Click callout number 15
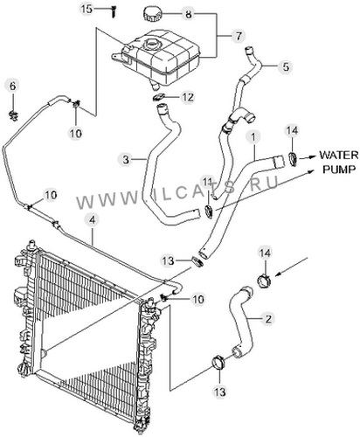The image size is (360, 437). (x=87, y=9)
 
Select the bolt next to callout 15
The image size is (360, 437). (x=113, y=11)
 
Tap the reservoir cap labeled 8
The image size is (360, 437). (x=152, y=14)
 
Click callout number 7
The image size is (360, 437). (x=239, y=37)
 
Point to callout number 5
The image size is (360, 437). (x=286, y=67)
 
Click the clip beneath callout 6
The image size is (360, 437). (x=13, y=116)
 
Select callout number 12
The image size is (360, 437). (x=188, y=97)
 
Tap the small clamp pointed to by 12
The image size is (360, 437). (x=159, y=98)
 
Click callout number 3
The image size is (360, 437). (x=126, y=160)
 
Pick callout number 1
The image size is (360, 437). (x=253, y=137)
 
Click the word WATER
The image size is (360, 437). (x=339, y=155)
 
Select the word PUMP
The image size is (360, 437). (x=339, y=169)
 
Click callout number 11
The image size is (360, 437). (x=208, y=183)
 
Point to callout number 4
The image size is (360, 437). (x=92, y=220)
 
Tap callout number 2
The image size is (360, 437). (x=268, y=318)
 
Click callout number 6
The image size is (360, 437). (x=13, y=87)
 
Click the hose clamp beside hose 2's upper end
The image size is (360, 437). (x=264, y=281)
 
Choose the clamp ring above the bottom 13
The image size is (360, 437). (x=218, y=362)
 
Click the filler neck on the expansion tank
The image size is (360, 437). (x=151, y=45)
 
